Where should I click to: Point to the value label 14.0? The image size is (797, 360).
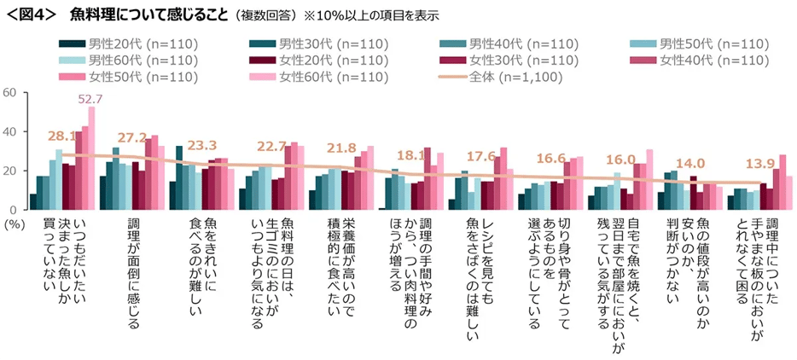point(688,164)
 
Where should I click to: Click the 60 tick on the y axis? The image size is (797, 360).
point(11,92)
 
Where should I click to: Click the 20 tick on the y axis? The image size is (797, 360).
point(11,171)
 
